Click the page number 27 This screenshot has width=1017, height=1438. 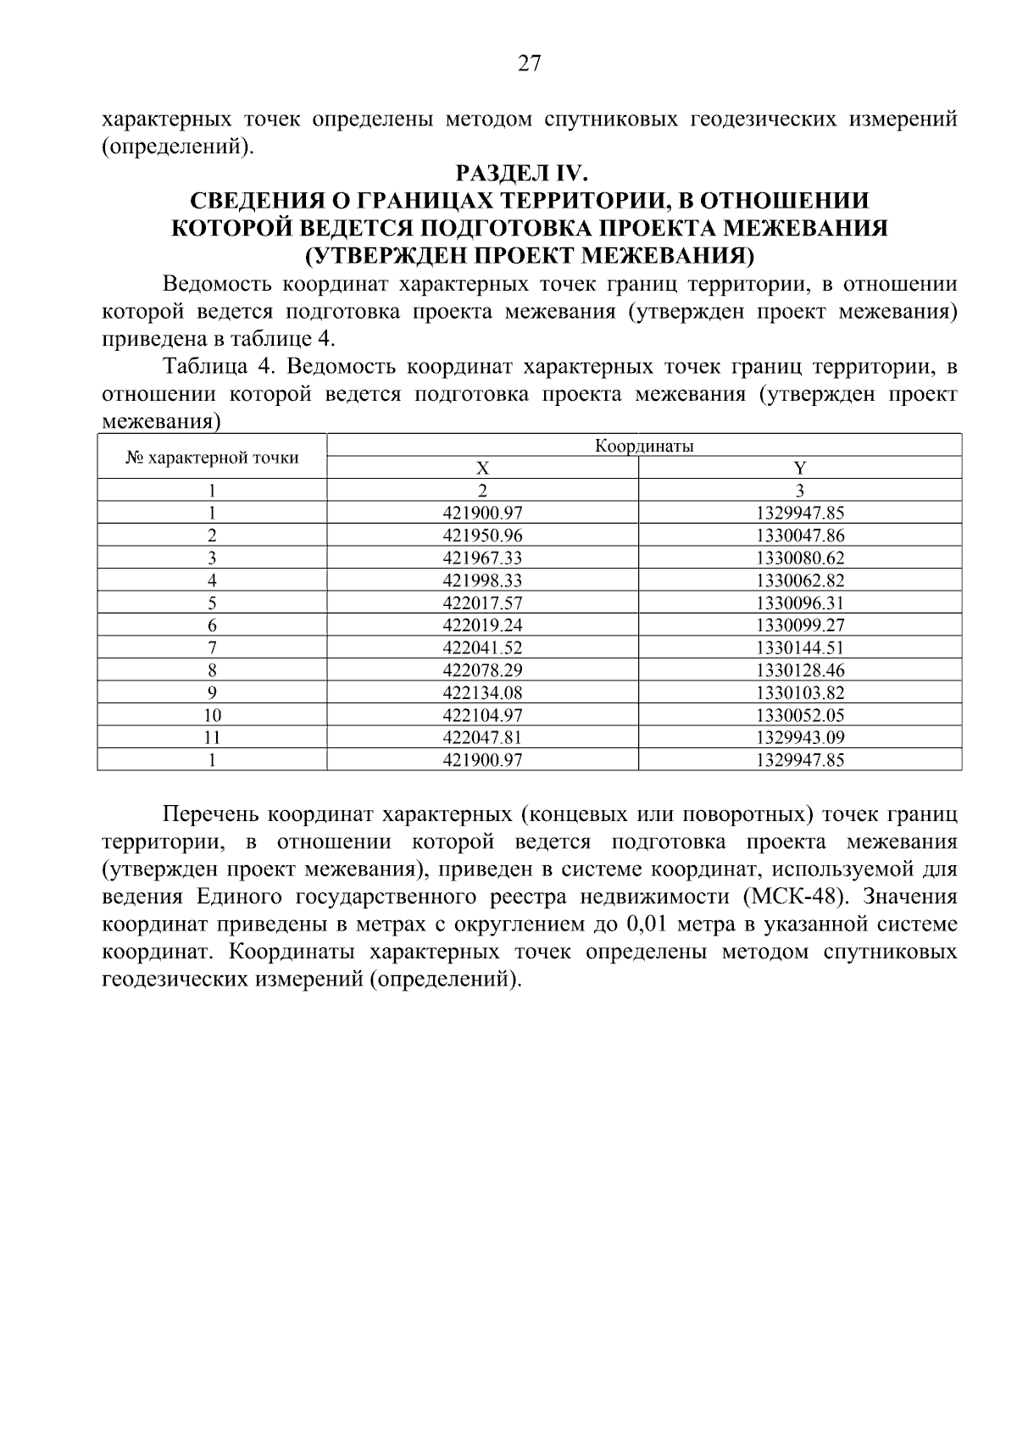click(x=529, y=64)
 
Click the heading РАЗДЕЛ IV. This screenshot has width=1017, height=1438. click(x=521, y=174)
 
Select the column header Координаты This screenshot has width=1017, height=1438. click(x=644, y=446)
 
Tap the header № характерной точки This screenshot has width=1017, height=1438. click(x=212, y=458)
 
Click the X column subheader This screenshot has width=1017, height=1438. click(x=482, y=468)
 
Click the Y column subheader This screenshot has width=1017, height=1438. click(x=799, y=468)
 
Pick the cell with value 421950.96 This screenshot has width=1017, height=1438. click(x=482, y=536)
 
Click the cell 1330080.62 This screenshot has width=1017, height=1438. click(x=799, y=558)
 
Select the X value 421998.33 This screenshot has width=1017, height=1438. click(x=482, y=580)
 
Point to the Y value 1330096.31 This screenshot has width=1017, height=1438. click(x=799, y=603)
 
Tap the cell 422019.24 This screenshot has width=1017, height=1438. click(x=482, y=625)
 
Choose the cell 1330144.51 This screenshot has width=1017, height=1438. click(x=799, y=648)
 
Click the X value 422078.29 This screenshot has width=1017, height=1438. click(x=482, y=670)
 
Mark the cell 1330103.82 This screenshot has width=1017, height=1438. click(x=799, y=693)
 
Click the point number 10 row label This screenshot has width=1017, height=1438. click(x=212, y=715)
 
